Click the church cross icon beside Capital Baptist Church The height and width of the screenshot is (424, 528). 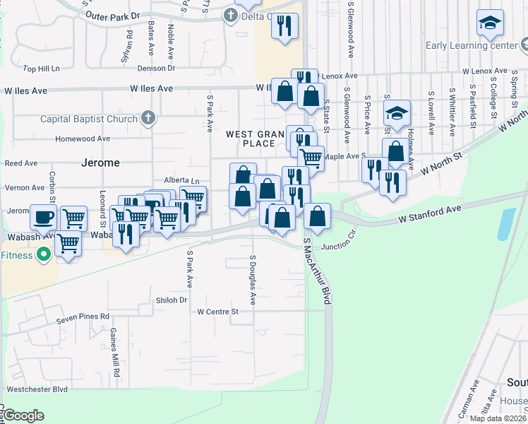tap(148, 117)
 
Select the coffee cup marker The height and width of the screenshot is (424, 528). tap(43, 216)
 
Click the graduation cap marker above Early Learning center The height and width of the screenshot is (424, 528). tap(490, 24)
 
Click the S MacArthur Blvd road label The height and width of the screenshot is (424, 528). tap(317, 271)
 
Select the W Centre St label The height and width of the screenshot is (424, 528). tap(218, 311)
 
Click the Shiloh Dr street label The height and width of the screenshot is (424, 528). tap(172, 300)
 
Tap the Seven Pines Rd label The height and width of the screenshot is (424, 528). tap(83, 317)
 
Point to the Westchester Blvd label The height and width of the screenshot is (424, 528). tap(37, 389)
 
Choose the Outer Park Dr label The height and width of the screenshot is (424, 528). tap(112, 15)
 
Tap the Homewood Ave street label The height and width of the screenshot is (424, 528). tap(83, 139)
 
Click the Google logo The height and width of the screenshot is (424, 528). tap(23, 416)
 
